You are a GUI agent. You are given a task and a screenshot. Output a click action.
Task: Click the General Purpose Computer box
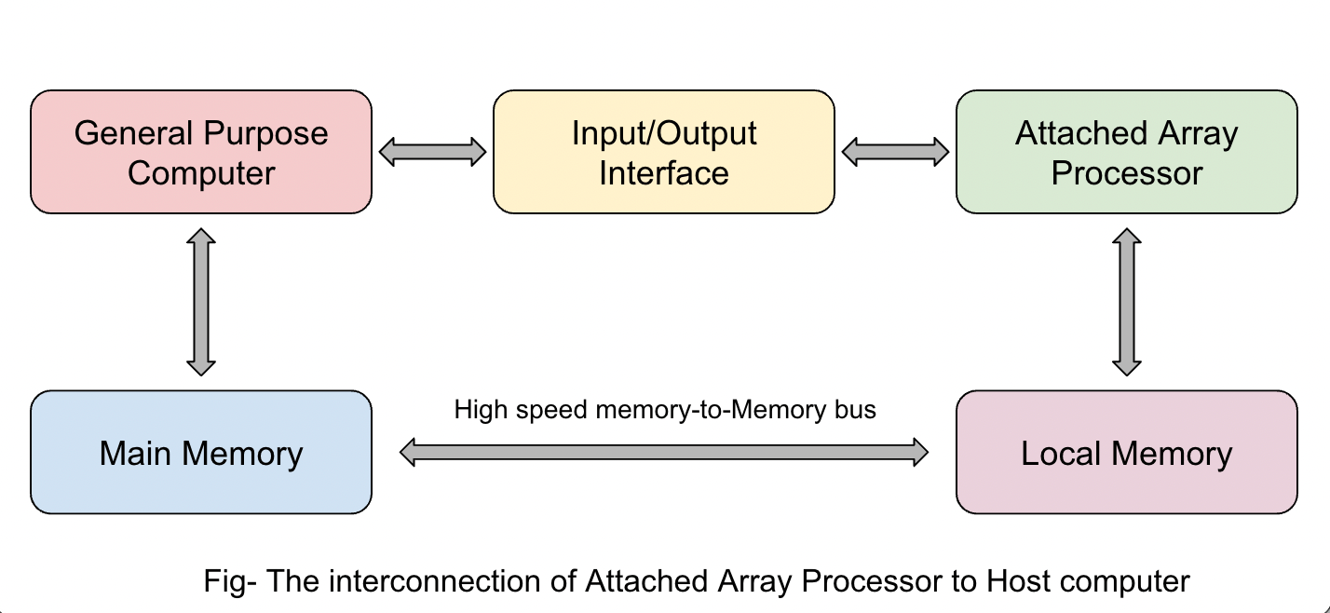pos(201,152)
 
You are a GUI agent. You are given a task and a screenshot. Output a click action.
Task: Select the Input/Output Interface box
pos(663,152)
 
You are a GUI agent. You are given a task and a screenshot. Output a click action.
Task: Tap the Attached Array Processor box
pos(1126,152)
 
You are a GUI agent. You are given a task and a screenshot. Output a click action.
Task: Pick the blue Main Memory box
pos(201,453)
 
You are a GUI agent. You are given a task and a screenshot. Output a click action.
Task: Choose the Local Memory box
pos(1126,453)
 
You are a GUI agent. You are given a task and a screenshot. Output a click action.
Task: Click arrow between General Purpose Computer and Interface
pos(433,152)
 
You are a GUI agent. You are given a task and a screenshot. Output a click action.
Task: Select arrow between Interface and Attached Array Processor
pos(895,152)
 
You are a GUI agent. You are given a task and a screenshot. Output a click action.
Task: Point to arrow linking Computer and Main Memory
pos(201,302)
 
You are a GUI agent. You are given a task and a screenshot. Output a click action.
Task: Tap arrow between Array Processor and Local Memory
pos(1127,302)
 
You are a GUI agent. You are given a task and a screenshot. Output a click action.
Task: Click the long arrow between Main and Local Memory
pos(664,453)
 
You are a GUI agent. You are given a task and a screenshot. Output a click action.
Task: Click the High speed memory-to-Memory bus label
pos(665,410)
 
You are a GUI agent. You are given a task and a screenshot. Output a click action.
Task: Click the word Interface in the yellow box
pos(663,173)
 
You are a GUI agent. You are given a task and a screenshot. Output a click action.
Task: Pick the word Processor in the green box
pos(1126,173)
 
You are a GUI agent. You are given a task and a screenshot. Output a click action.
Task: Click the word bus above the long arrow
pos(855,410)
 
